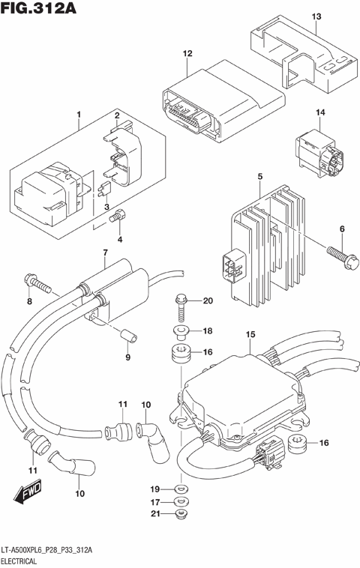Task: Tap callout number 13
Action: (316, 16)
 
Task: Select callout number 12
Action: (187, 53)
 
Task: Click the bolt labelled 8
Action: (38, 283)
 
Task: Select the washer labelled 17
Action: (180, 501)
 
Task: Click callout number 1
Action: (77, 115)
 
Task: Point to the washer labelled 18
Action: (180, 330)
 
